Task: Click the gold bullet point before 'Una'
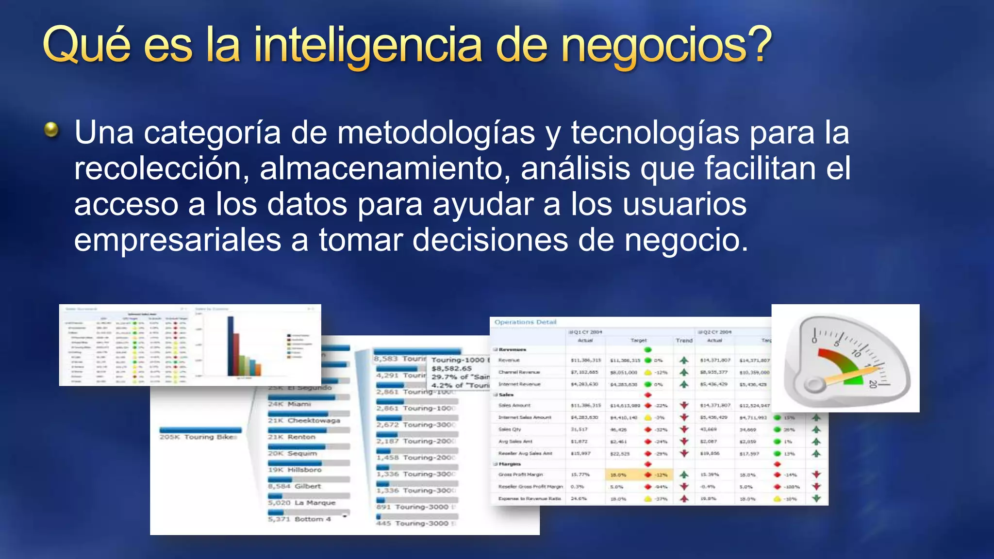coord(51,130)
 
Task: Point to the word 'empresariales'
coord(178,240)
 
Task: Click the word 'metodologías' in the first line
coord(436,132)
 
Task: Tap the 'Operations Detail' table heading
coord(525,322)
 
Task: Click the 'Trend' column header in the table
coord(684,340)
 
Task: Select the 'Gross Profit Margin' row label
coord(520,475)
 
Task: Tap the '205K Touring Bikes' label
coord(199,437)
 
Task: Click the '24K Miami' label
coord(289,404)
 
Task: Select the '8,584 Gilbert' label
coord(294,486)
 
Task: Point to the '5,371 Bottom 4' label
coord(299,519)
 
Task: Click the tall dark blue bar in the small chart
coord(231,346)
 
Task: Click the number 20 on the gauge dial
coord(873,383)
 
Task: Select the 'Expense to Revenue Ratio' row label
coord(529,498)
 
